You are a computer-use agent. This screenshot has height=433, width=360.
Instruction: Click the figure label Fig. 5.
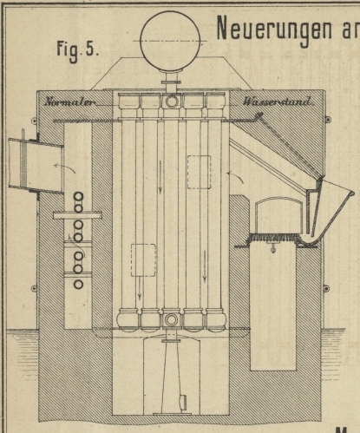pyautogui.click(x=78, y=49)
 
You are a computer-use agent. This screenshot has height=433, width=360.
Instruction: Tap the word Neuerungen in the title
pyautogui.click(x=275, y=29)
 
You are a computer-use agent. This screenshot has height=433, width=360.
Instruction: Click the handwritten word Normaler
pyautogui.click(x=69, y=102)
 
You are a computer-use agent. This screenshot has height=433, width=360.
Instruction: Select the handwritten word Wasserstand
pyautogui.click(x=278, y=102)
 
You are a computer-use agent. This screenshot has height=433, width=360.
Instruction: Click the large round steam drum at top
pyautogui.click(x=170, y=42)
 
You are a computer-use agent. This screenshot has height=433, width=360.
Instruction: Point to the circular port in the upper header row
pyautogui.click(x=172, y=102)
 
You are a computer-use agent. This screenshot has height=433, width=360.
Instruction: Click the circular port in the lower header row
pyautogui.click(x=171, y=320)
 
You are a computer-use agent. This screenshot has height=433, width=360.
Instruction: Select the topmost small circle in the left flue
pyautogui.click(x=78, y=197)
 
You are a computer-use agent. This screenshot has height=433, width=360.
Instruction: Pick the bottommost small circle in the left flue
pyautogui.click(x=78, y=285)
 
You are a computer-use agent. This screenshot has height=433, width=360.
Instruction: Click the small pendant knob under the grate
pyautogui.click(x=272, y=248)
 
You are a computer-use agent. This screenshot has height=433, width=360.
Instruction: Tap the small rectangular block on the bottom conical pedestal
pyautogui.click(x=183, y=403)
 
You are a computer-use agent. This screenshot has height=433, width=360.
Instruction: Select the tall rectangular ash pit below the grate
pyautogui.click(x=273, y=306)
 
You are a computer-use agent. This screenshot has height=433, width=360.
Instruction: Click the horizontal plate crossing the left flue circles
pyautogui.click(x=77, y=215)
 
